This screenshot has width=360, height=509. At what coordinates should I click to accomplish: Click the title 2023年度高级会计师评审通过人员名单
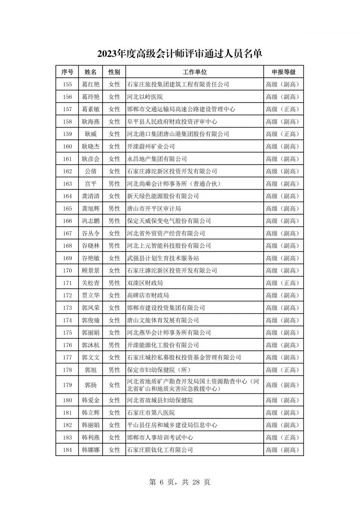coord(180,54)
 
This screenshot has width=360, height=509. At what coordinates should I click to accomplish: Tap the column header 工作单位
coord(194,72)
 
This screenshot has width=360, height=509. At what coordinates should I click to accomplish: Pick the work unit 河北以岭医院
coord(145,97)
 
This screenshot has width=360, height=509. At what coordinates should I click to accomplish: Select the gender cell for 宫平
coord(114,184)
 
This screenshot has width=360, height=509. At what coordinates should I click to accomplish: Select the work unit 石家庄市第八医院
coord(151,413)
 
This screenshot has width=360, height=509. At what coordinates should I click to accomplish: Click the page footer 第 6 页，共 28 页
coord(180,482)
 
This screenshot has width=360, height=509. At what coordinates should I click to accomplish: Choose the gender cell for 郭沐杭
coord(114,345)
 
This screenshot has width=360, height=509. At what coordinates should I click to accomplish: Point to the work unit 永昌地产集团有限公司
coord(157,159)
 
